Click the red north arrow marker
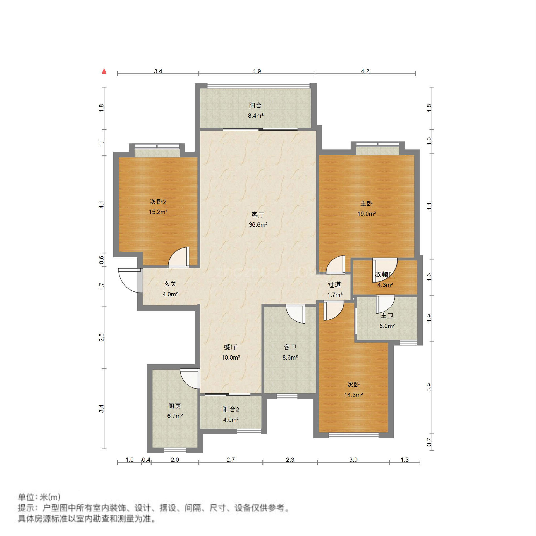point(104,71)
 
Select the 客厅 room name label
point(258,214)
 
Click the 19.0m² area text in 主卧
point(366,214)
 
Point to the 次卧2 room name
point(158,202)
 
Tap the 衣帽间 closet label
point(385,275)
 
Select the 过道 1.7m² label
point(334,289)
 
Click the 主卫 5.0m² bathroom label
point(387,320)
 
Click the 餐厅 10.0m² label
point(231,352)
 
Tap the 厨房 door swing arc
point(190,379)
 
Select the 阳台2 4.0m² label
point(231,414)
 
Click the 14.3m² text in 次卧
point(353,395)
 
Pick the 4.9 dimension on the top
point(257,71)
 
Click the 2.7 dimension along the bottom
point(231,460)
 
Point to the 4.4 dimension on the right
point(429,206)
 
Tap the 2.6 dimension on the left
point(101,337)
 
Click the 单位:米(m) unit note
point(39,497)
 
